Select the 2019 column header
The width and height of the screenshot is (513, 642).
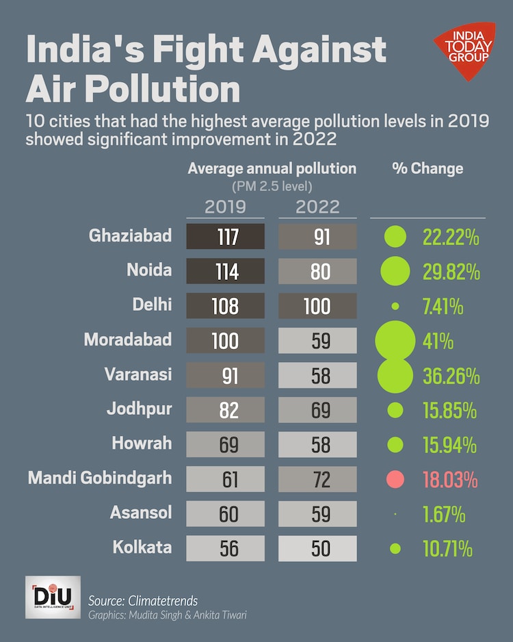pyautogui.click(x=224, y=207)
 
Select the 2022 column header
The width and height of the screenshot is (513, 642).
pyautogui.click(x=318, y=207)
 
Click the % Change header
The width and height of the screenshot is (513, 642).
pyautogui.click(x=428, y=168)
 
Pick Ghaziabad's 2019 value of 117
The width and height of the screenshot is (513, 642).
pyautogui.click(x=225, y=237)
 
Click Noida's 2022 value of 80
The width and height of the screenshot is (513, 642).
pyautogui.click(x=317, y=271)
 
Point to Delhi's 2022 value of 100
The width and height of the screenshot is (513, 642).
pyautogui.click(x=317, y=305)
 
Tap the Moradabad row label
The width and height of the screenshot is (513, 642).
pyautogui.click(x=128, y=339)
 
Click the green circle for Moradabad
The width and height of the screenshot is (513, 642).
pyautogui.click(x=395, y=340)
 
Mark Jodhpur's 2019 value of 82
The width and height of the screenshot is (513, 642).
pyautogui.click(x=225, y=410)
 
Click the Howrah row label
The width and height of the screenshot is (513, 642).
pyautogui.click(x=142, y=444)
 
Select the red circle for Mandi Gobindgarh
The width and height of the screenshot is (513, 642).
pyautogui.click(x=395, y=479)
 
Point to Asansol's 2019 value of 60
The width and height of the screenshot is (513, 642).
pyautogui.click(x=225, y=513)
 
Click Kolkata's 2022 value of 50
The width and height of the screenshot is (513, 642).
pyautogui.click(x=317, y=548)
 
